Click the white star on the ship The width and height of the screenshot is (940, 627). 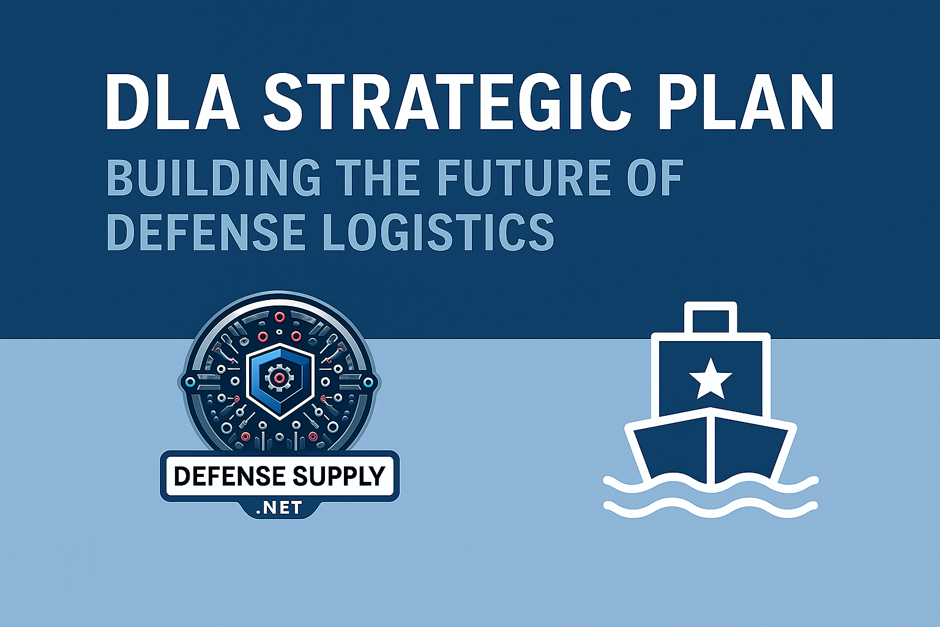tap(710, 378)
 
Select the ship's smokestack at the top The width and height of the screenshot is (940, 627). tap(711, 318)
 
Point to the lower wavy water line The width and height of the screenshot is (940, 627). tap(710, 508)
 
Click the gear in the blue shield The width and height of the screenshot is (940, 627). tap(278, 378)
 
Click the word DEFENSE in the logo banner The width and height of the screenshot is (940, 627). tap(229, 476)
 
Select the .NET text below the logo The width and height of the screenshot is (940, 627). tap(280, 508)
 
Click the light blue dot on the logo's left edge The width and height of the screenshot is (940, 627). tap(189, 383)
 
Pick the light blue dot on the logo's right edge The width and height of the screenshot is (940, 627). tap(368, 383)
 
